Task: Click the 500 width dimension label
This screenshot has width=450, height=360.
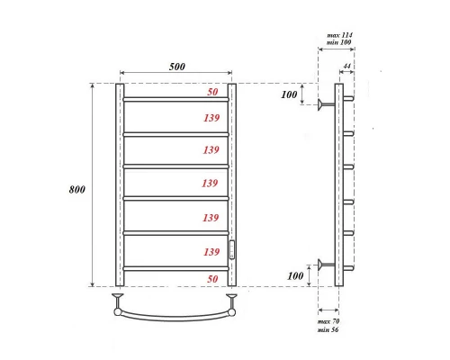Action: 175,66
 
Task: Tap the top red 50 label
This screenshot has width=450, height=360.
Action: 212,93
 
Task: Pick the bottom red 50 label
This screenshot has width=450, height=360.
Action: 212,281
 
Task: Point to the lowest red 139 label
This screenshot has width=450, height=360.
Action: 211,251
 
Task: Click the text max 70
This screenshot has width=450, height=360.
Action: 330,320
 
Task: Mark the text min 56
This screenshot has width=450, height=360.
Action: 330,331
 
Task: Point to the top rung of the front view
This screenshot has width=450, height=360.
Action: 175,99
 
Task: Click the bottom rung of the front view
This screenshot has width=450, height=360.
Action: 175,267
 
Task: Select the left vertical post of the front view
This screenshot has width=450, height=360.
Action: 120,184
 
